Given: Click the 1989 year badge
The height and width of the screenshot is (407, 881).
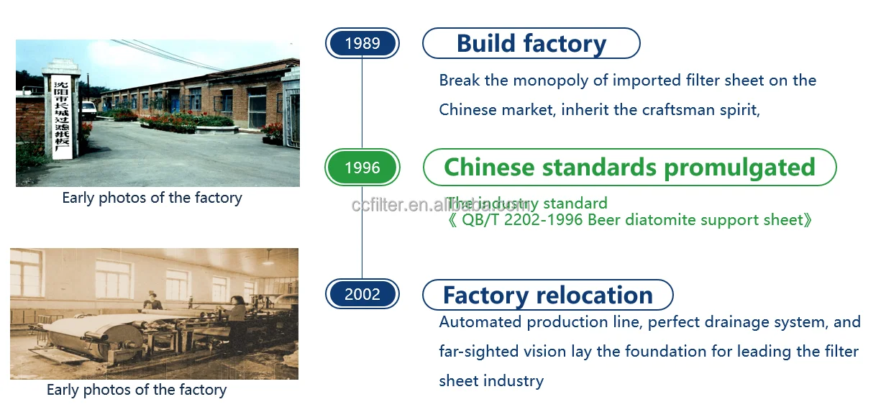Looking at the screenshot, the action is click(x=362, y=43).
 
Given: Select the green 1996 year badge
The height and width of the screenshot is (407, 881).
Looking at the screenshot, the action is click(x=362, y=168).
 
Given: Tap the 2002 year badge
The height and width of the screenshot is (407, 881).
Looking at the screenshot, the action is click(x=362, y=293).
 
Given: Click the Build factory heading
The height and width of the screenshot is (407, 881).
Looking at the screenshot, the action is click(x=531, y=43).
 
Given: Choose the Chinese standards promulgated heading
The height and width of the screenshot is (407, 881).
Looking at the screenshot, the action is click(x=629, y=168).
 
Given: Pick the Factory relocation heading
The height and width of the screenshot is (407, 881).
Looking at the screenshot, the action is click(x=547, y=295).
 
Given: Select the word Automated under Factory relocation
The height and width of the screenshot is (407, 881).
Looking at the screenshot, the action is click(x=480, y=321).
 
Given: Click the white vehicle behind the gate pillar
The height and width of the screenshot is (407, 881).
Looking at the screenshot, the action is click(x=88, y=109).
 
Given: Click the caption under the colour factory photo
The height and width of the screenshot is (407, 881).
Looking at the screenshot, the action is click(x=152, y=198).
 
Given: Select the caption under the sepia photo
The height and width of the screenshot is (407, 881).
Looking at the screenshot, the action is click(x=137, y=390).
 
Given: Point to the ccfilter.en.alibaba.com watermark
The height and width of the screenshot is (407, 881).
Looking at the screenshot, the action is click(x=440, y=205).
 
